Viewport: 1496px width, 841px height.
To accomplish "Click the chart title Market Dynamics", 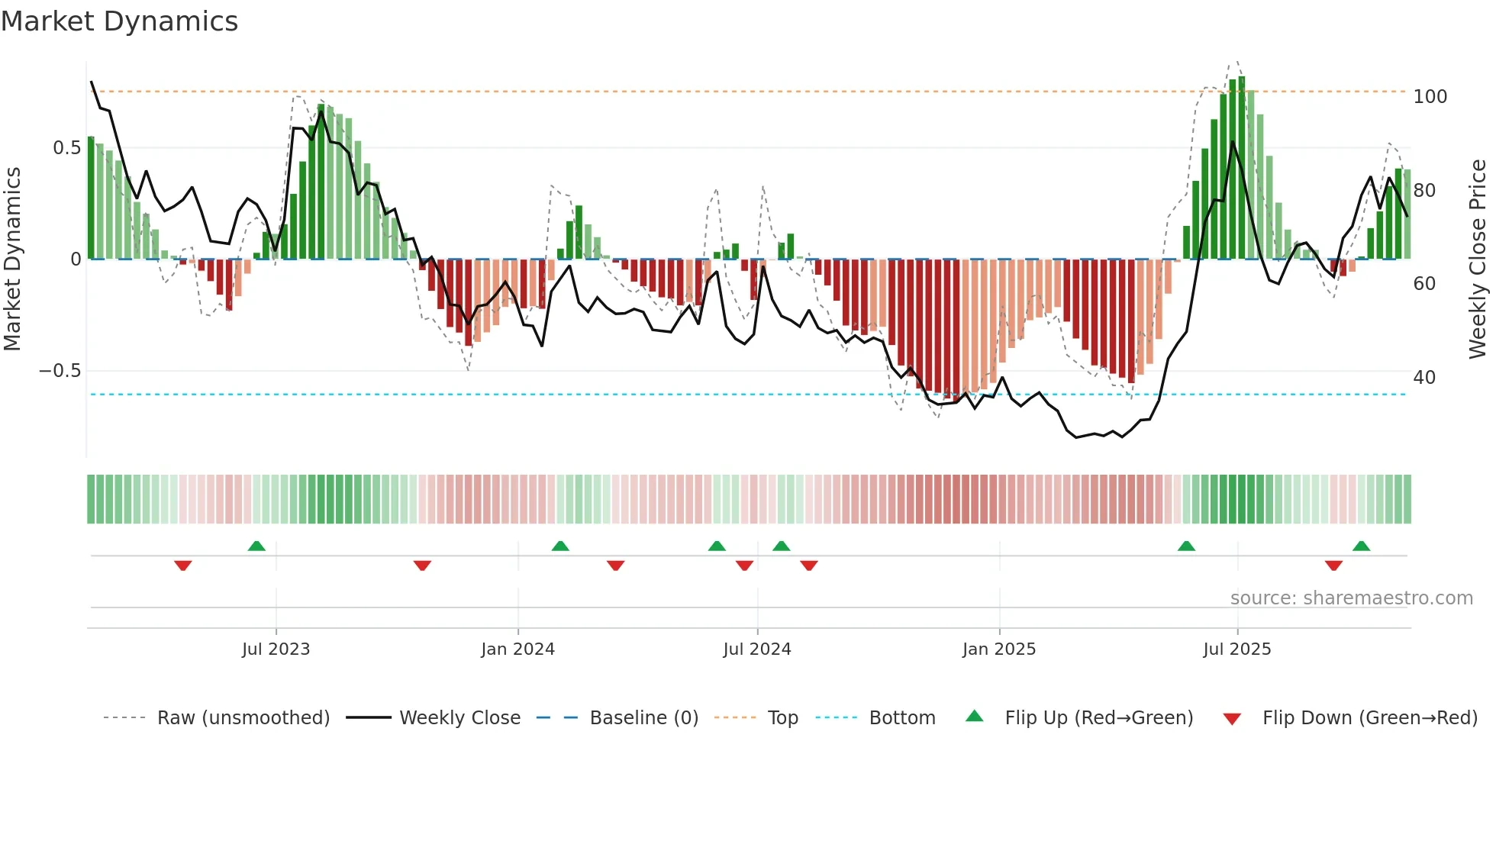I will tap(120, 21).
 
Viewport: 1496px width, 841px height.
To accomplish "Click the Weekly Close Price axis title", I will tap(1478, 259).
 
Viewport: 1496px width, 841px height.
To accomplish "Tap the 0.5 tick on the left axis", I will tap(66, 148).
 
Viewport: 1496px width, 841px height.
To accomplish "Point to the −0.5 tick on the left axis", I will tap(60, 371).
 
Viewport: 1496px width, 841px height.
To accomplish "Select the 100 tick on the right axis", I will tap(1430, 97).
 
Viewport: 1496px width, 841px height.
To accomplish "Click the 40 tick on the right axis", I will tap(1424, 378).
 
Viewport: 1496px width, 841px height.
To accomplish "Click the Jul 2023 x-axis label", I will tap(276, 649).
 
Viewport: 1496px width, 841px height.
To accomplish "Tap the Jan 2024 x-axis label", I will tap(517, 649).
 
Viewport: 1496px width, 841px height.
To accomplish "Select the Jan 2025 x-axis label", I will tap(998, 649).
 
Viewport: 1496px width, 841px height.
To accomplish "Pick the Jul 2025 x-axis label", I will tap(1236, 649).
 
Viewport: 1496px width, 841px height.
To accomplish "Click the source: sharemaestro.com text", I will tap(1351, 598).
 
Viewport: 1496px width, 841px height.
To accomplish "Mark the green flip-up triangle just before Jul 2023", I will tap(256, 546).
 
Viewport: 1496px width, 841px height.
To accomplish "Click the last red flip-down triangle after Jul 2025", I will tap(1333, 565).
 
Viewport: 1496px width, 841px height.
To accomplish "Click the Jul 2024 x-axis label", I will tap(756, 649).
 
